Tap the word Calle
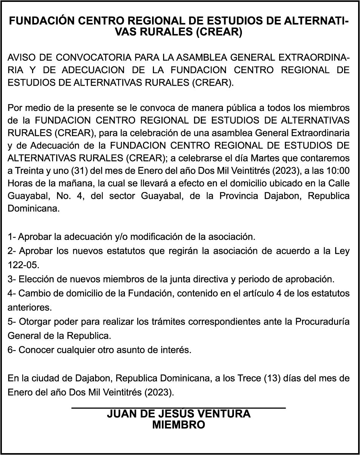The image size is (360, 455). pyautogui.click(x=338, y=183)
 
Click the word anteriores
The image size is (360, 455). pyautogui.click(x=29, y=307)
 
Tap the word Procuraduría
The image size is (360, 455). pyautogui.click(x=322, y=322)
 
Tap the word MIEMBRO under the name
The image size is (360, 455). pyautogui.click(x=178, y=425)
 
